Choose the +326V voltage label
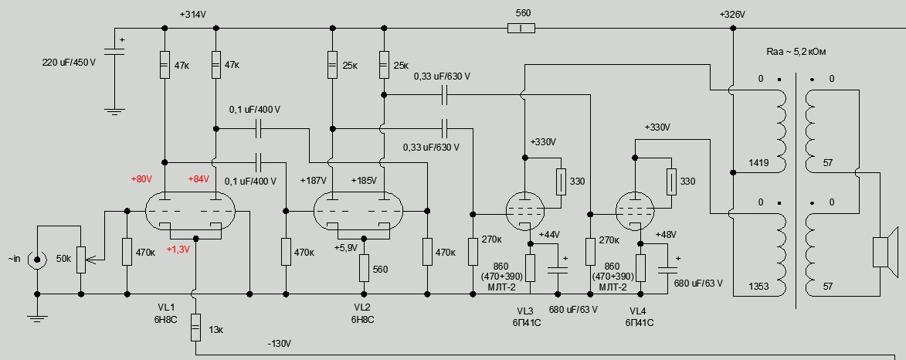tap(732, 15)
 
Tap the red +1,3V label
tap(177, 249)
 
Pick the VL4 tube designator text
tap(640, 311)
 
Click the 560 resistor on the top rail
tap(522, 29)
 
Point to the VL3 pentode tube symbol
tap(525, 208)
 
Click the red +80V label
tap(143, 180)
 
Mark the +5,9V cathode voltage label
tap(346, 247)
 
